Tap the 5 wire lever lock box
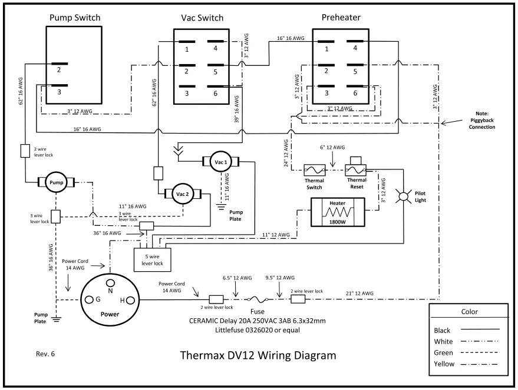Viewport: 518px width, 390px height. (151, 259)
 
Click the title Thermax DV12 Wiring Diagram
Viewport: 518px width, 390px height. (257, 355)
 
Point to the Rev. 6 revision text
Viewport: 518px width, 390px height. (45, 354)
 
